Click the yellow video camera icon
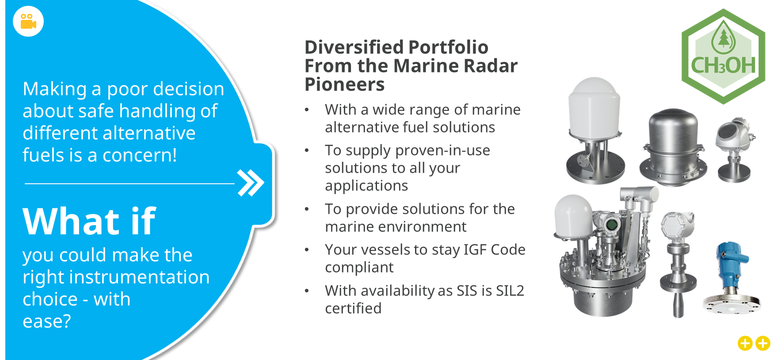[x=28, y=21]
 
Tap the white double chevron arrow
[x=251, y=182]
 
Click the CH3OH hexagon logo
[x=723, y=57]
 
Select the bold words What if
[x=89, y=221]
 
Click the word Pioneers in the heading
[x=345, y=84]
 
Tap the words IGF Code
[x=495, y=250]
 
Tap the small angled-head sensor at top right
[x=734, y=150]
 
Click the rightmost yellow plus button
[x=763, y=343]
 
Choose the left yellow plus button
[x=745, y=343]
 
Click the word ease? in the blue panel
[x=47, y=322]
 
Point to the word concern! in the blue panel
[x=140, y=155]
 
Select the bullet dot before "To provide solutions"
[x=307, y=209]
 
